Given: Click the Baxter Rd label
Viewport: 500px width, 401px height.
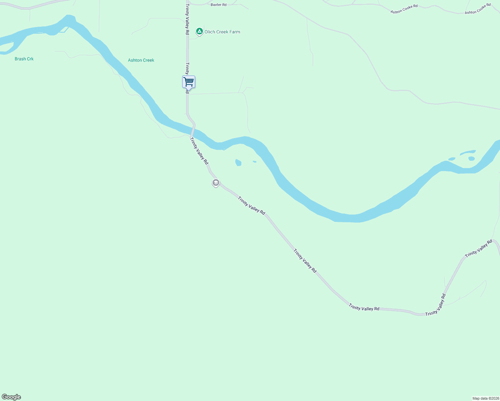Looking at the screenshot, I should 219,5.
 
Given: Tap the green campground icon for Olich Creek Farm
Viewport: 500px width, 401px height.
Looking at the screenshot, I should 200,31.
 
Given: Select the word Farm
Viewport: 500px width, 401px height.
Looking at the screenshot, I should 235,32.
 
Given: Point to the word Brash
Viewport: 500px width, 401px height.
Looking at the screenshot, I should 20,59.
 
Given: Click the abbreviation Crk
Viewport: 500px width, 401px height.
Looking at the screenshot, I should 30,59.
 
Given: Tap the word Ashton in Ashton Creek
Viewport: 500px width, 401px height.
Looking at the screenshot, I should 135,60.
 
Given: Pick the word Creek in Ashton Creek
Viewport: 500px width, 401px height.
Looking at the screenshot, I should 148,60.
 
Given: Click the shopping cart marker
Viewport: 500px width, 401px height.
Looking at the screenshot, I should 189,82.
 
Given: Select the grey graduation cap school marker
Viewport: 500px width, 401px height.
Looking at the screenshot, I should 216,183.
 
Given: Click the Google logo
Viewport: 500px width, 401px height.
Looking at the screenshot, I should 11,397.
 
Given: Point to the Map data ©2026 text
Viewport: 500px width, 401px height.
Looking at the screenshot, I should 486,398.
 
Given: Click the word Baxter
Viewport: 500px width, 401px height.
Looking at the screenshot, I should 216,5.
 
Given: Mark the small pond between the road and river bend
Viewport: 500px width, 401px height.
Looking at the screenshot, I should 238,163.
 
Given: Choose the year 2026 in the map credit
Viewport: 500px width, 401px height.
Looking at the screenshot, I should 495,398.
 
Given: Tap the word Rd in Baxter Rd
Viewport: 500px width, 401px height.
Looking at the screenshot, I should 224,5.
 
